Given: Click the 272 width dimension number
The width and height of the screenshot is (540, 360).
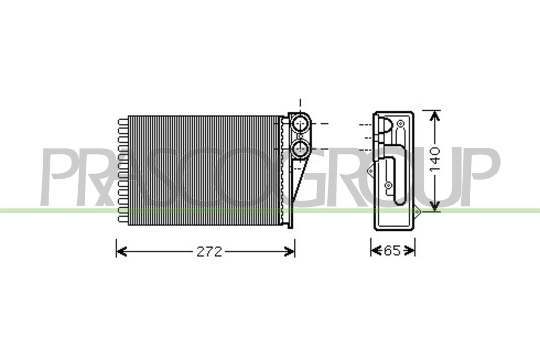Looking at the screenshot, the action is [x=209, y=252].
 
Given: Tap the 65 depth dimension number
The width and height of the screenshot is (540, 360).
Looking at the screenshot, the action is [x=392, y=251].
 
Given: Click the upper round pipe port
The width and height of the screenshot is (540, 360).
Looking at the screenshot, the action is [x=300, y=123].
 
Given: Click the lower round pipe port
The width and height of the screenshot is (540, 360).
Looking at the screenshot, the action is [x=300, y=149].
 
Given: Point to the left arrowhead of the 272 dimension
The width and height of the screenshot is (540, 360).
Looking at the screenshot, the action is [x=121, y=252].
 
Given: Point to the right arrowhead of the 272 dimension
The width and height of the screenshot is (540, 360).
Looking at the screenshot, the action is [x=289, y=252].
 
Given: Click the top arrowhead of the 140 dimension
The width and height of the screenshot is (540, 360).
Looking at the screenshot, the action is [x=435, y=116].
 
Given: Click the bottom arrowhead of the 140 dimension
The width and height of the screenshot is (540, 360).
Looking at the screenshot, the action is [x=435, y=207].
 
